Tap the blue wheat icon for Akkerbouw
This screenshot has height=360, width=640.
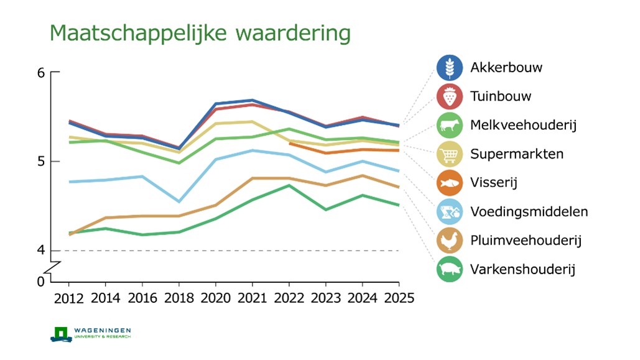tap(450, 68)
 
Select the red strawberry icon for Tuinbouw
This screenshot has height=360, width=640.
tap(450, 96)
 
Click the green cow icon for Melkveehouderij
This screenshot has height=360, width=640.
tap(450, 125)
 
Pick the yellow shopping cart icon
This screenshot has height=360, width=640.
tap(450, 154)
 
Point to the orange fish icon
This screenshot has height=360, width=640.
tap(450, 183)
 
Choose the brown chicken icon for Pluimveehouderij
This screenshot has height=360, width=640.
tap(450, 240)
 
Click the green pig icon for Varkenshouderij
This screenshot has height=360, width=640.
tap(450, 269)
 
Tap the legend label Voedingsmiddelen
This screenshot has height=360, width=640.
tap(529, 211)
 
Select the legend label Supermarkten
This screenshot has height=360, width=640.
tap(517, 154)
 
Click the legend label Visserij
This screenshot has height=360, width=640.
tap(494, 183)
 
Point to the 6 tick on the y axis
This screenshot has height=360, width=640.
tap(41, 73)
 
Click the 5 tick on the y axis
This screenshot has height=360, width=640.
tap(41, 162)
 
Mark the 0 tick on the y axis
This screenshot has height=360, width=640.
tap(41, 282)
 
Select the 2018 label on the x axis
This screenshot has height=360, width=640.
tap(179, 298)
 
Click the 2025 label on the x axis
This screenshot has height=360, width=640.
tap(399, 298)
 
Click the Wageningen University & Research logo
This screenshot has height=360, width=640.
tap(91, 333)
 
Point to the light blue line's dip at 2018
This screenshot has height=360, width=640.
tap(179, 201)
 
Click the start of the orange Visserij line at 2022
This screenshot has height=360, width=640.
tap(290, 143)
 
